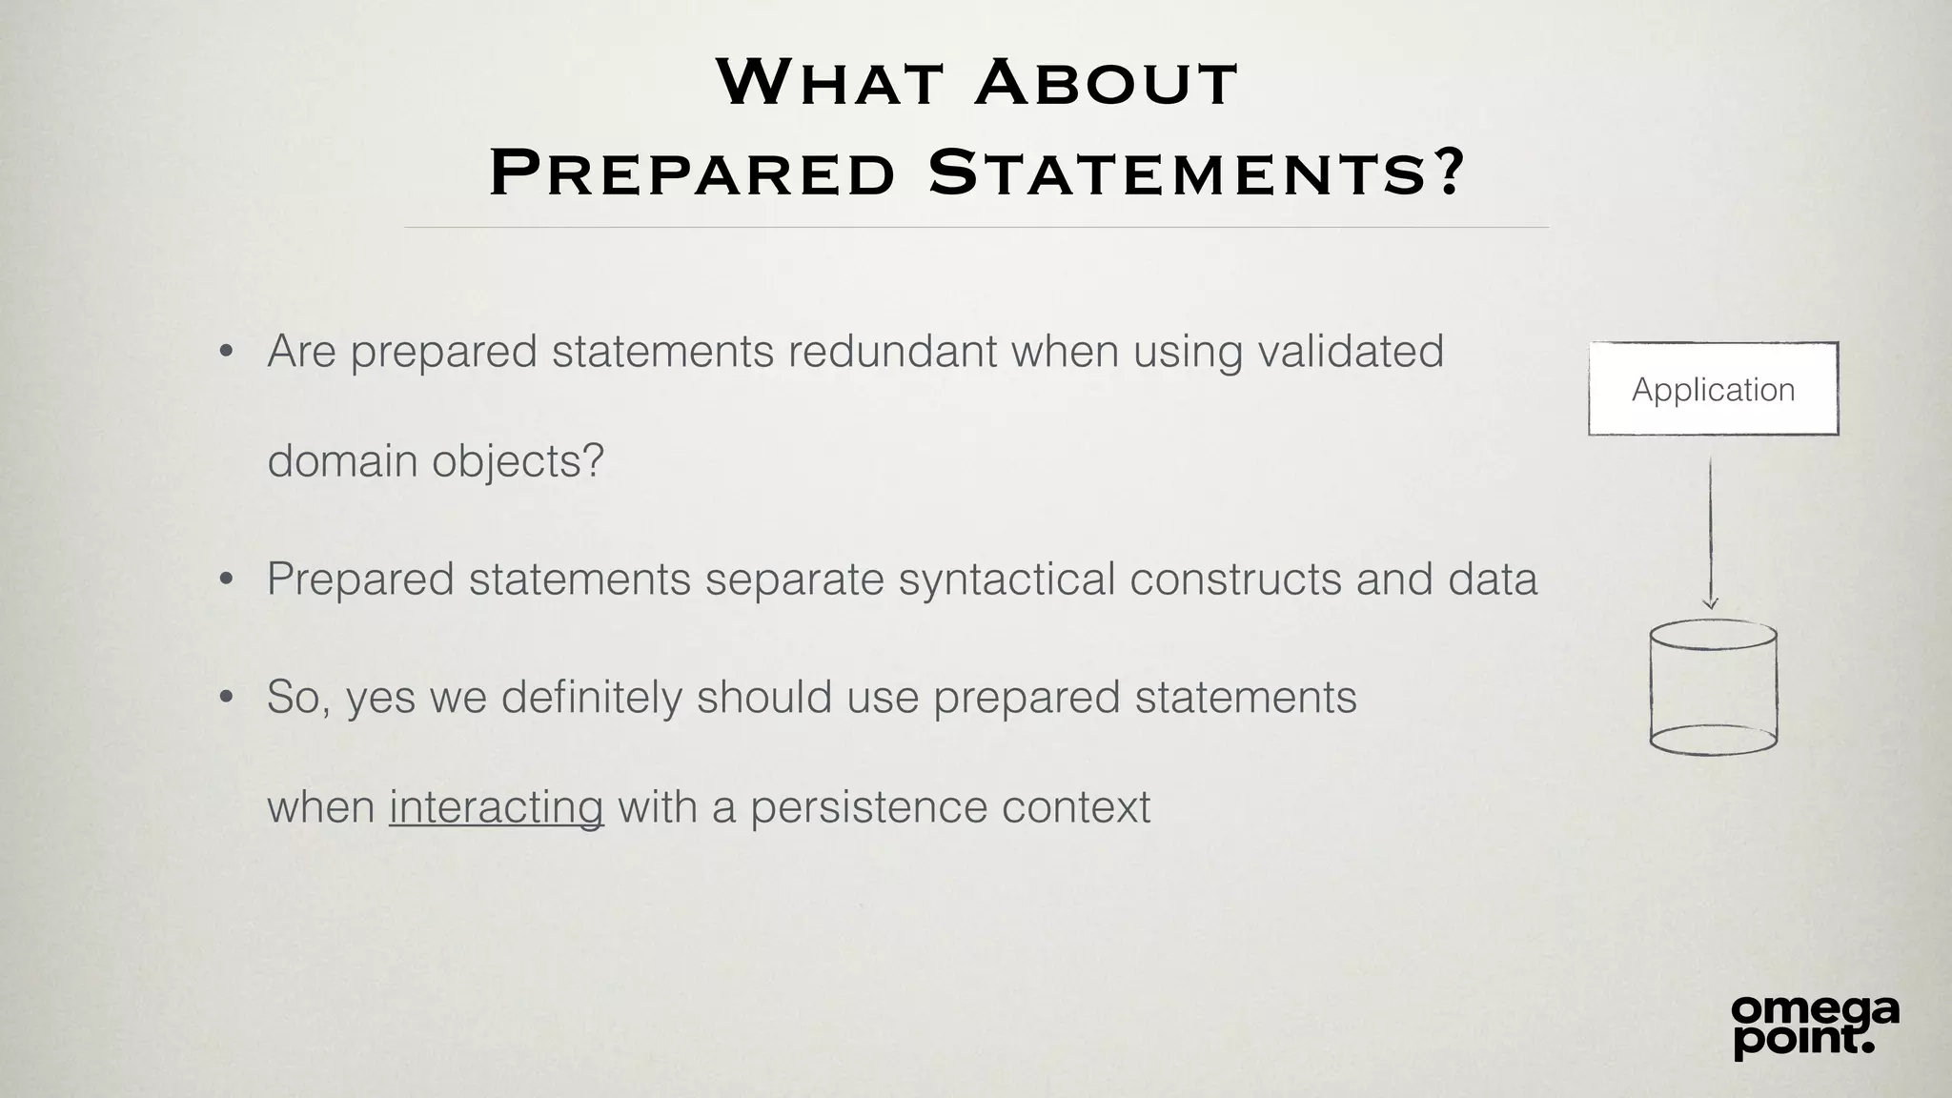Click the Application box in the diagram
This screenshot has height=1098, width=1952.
click(1713, 389)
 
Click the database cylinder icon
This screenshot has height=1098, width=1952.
click(1713, 687)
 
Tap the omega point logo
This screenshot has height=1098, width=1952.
click(1815, 1026)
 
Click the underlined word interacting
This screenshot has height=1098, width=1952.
click(496, 806)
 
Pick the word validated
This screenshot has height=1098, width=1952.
click(1351, 351)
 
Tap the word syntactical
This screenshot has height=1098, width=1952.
click(1006, 579)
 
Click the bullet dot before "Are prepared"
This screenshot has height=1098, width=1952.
click(226, 353)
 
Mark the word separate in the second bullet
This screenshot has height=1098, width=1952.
click(795, 579)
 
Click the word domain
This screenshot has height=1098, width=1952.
click(342, 461)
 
